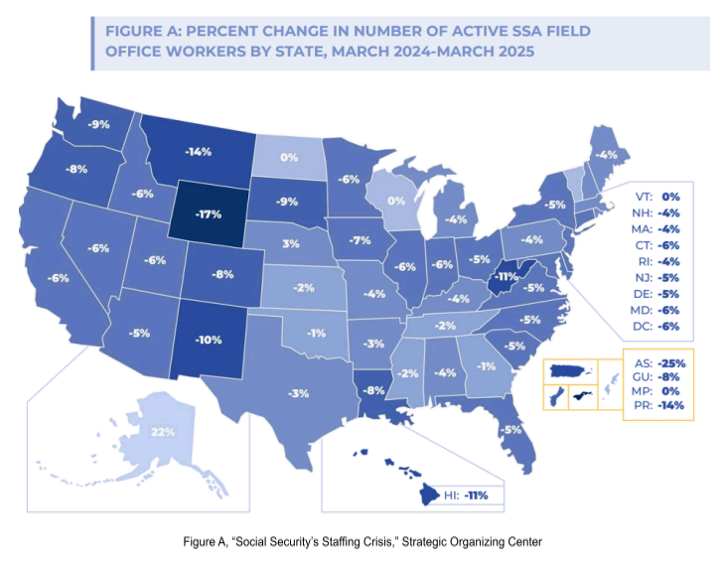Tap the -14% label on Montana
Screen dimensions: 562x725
coord(199,153)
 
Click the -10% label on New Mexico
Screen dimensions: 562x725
coord(208,341)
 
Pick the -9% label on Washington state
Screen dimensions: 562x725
coord(98,125)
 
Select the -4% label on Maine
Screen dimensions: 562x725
coord(605,155)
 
